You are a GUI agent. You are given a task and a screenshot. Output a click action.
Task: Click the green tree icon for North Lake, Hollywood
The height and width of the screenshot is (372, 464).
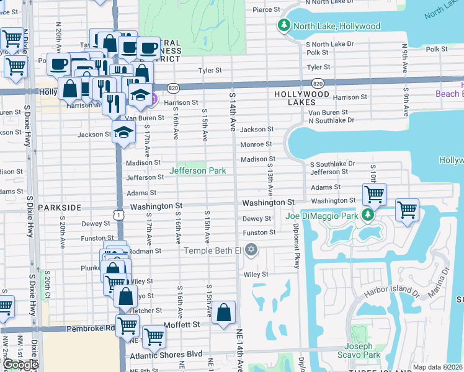click(x=283, y=26)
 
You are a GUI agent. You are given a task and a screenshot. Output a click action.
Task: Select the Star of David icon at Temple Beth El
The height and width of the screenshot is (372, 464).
click(x=251, y=250)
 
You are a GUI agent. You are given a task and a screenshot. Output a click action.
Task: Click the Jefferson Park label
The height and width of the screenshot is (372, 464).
click(x=197, y=170)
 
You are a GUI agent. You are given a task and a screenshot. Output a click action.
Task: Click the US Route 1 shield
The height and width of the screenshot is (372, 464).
click(x=118, y=214)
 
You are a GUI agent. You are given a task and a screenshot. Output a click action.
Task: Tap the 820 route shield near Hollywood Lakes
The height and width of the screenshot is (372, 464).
click(x=318, y=83)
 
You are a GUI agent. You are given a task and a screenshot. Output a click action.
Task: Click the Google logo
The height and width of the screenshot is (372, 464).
click(x=20, y=365)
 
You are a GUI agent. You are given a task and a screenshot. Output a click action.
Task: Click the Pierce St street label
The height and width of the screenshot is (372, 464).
click(x=267, y=10)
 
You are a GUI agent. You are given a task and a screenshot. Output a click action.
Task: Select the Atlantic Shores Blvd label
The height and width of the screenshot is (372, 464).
click(x=166, y=355)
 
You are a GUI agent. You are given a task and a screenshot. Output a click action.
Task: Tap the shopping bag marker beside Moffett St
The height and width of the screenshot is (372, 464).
click(x=224, y=312)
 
